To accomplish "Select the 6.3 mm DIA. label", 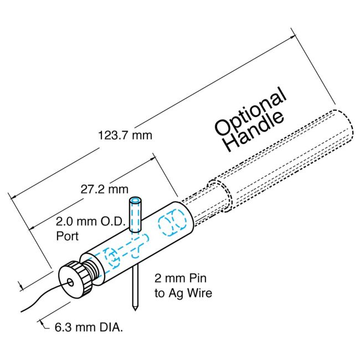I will (x=89, y=327).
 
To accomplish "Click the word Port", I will (x=67, y=235).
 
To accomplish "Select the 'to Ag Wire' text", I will (x=183, y=293).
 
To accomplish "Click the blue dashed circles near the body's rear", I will (x=171, y=225).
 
